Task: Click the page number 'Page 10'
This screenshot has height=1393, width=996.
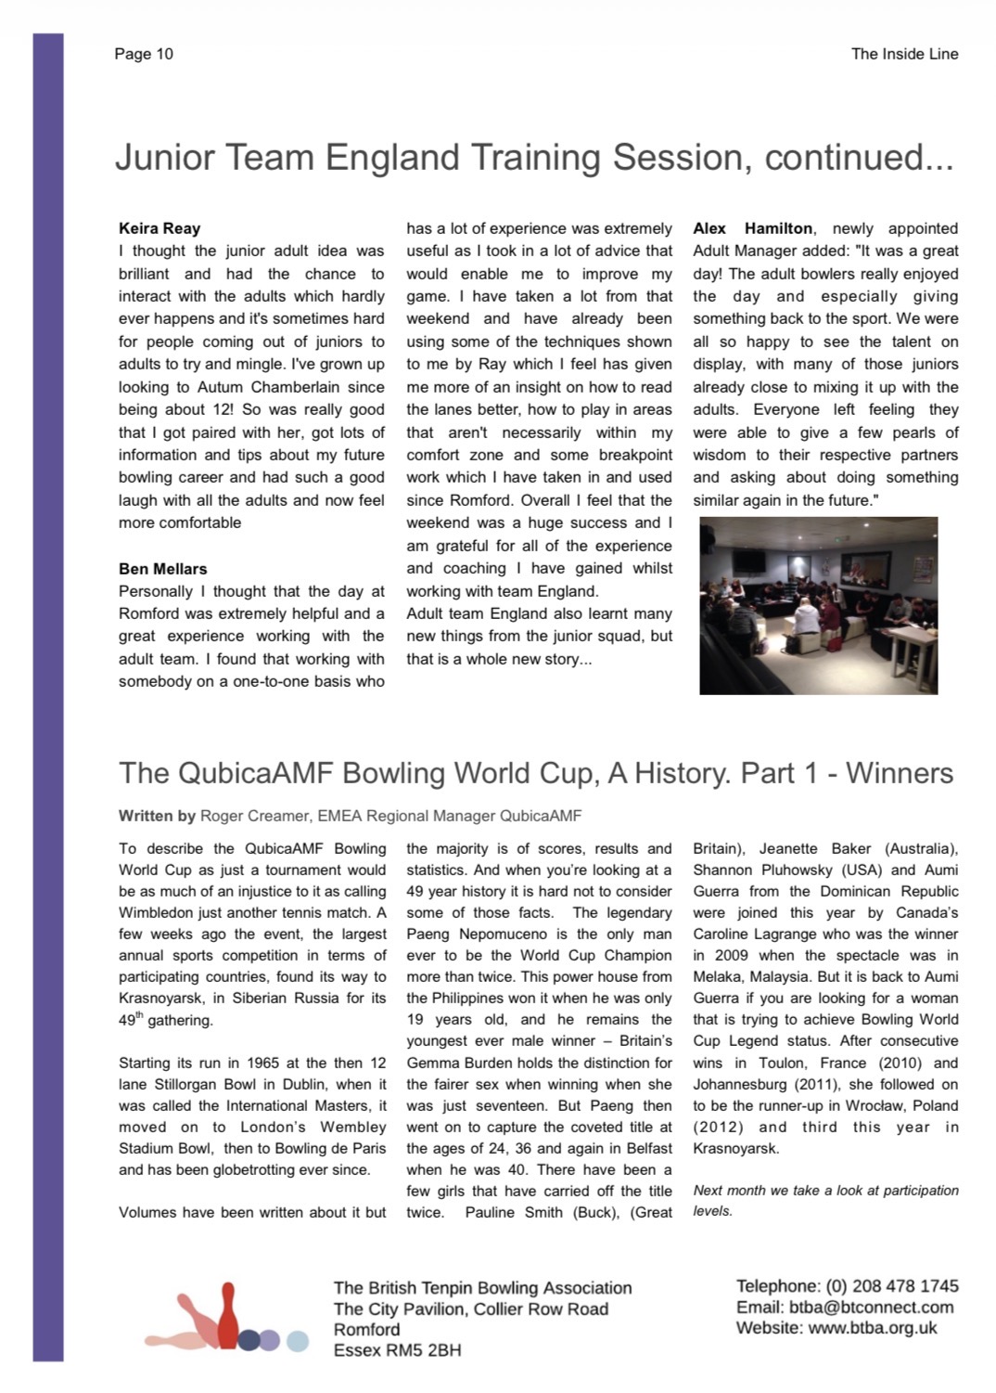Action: [144, 54]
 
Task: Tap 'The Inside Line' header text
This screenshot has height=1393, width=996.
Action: [904, 54]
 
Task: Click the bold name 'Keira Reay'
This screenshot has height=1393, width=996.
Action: [160, 228]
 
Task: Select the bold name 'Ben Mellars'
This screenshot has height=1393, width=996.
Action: [163, 569]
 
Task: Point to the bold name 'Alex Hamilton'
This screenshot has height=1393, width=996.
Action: [753, 228]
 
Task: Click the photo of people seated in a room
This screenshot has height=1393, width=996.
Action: [819, 605]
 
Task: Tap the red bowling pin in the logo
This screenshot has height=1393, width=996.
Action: [228, 1318]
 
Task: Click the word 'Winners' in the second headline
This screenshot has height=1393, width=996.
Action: [900, 773]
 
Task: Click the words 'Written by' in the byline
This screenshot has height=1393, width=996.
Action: [157, 816]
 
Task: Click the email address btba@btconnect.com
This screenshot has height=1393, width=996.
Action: [871, 1307]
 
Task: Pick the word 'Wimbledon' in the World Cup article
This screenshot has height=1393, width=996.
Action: [159, 913]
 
